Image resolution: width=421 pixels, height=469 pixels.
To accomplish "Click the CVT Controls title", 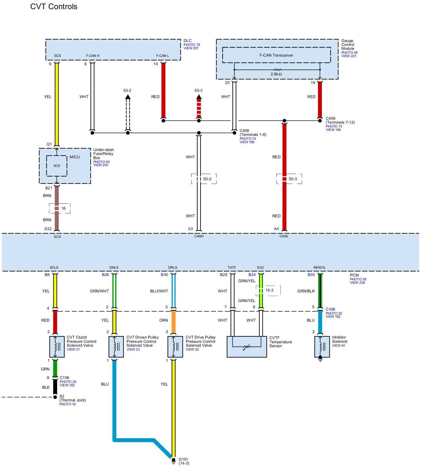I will click(54, 7).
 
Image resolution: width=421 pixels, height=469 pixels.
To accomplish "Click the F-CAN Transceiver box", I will click(276, 55).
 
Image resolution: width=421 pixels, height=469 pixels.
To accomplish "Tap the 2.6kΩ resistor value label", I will click(276, 74).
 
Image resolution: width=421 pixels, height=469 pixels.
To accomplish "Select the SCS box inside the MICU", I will click(57, 166).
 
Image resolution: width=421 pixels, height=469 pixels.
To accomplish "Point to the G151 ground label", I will click(183, 459).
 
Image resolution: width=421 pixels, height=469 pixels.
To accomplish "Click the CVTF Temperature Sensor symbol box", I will click(247, 347).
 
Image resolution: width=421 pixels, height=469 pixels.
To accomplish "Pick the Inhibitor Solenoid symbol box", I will click(322, 347).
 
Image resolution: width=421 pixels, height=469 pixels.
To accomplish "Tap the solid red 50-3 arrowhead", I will click(199, 97).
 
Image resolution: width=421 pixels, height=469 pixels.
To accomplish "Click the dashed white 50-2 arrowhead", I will click(128, 97).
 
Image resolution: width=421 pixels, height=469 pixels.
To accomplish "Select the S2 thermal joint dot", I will click(55, 397).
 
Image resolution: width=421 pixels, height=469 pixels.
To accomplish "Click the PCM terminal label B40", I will click(164, 275).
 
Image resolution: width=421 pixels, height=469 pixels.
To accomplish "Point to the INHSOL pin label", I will click(320, 267).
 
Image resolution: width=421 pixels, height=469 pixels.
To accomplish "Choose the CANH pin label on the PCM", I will click(199, 236).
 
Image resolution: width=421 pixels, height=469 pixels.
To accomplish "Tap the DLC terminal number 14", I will click(156, 64).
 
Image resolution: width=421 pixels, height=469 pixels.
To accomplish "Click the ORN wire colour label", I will click(164, 320).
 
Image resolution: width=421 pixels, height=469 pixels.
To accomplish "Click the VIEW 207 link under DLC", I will click(191, 48).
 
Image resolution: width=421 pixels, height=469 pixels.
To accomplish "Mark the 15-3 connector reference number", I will click(269, 290).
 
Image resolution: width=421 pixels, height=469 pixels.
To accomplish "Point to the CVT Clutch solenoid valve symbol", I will click(57, 347).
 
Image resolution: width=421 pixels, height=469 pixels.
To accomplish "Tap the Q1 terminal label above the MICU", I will click(49, 144).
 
